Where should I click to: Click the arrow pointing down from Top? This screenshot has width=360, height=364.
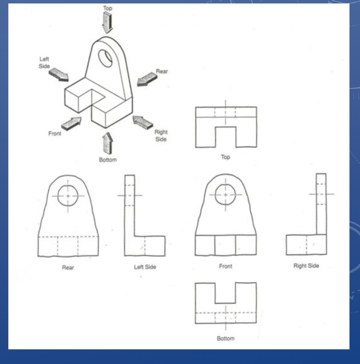107,22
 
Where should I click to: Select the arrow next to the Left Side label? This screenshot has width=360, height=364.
59,75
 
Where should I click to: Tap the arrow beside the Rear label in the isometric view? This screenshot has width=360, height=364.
147,79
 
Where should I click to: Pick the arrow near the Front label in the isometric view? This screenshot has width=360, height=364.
71,123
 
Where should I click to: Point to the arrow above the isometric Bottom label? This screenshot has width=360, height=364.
107,143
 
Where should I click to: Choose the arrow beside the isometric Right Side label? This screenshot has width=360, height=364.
142,122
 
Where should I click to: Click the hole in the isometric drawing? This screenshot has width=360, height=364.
105,58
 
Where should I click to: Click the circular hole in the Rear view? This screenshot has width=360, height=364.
68,196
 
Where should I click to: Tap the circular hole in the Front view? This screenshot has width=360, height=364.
225,195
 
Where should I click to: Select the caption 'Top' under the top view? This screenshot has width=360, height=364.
225,157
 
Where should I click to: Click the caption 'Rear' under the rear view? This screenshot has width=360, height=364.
68,267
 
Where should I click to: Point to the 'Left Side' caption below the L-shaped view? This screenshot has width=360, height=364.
145,267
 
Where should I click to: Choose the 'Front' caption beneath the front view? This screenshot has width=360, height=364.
226,266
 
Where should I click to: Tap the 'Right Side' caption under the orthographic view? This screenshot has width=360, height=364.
306,266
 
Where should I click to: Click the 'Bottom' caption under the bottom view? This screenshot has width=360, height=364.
225,338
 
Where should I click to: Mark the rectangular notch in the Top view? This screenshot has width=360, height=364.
226,137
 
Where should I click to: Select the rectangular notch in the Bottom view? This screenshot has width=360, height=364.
225,293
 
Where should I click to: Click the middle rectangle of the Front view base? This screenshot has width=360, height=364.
225,245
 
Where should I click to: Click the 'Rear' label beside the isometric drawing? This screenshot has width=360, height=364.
162,71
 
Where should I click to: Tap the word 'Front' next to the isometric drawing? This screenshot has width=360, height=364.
55,134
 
